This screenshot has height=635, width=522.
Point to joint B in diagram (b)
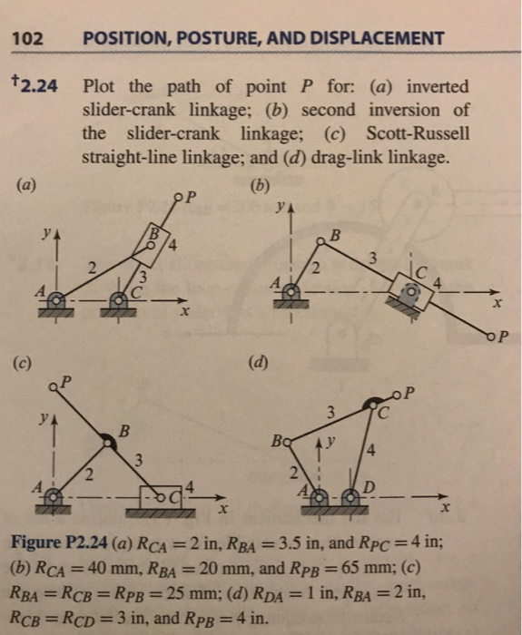pyautogui.click(x=321, y=239)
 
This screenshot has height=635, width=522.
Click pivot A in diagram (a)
pyautogui.click(x=54, y=297)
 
